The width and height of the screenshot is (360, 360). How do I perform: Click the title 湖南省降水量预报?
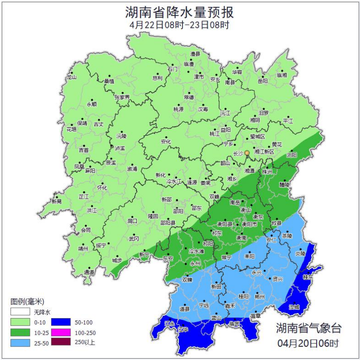[180, 11]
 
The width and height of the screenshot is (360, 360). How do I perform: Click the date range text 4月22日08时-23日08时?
[179, 25]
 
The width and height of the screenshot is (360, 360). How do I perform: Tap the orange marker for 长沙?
[247, 153]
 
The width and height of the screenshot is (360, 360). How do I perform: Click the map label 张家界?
[122, 97]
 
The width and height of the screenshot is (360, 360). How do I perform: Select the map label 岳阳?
[262, 81]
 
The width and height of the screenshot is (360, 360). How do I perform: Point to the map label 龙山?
[71, 77]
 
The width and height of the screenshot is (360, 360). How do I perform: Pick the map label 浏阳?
[292, 155]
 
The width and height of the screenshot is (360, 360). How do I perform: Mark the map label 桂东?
[308, 277]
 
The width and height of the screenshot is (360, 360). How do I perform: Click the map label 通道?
[89, 272]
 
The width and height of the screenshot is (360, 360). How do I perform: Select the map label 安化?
[166, 142]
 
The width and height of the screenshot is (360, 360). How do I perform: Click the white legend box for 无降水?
[20, 312]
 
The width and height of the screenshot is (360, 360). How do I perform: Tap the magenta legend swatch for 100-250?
[60, 332]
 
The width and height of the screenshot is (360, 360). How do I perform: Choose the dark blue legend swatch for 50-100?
[60, 322]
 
